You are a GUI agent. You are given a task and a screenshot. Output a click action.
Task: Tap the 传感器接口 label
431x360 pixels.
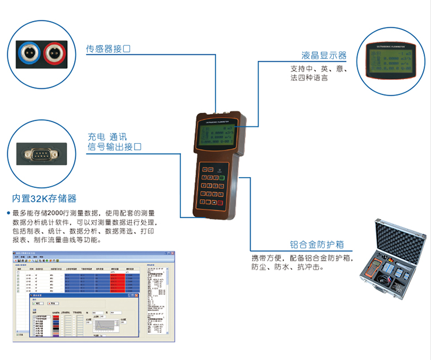(x=108, y=49)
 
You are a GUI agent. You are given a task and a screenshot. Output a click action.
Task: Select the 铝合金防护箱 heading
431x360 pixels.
(x=317, y=245)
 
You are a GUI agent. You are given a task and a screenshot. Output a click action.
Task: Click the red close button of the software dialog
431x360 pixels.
(x=133, y=295)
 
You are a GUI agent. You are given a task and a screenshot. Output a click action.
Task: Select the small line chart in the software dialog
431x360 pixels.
(x=105, y=325)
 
